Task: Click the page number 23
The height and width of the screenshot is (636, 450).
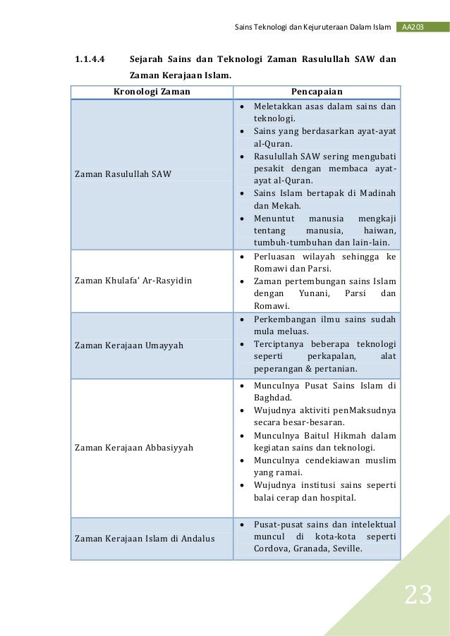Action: click(x=418, y=596)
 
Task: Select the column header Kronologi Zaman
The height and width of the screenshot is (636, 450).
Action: click(x=152, y=92)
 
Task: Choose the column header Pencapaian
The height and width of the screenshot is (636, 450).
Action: click(x=317, y=92)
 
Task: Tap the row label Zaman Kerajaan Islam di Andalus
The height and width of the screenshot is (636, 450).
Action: click(x=145, y=539)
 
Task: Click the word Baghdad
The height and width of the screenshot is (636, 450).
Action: click(x=273, y=397)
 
